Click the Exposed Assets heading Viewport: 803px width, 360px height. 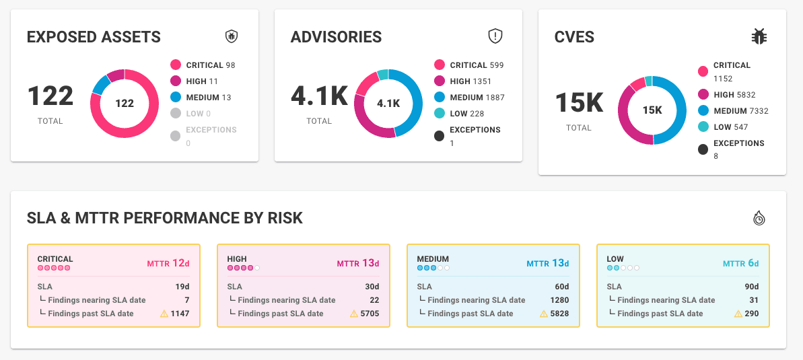(94, 37)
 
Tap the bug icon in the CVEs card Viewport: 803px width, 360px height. (759, 37)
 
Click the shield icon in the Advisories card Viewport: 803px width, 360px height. (495, 36)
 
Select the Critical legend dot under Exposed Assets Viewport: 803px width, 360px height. (176, 65)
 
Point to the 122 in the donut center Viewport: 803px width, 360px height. (125, 104)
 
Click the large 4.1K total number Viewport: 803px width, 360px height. (319, 97)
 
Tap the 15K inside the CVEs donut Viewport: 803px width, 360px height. (652, 110)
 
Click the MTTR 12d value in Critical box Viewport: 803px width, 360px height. (168, 263)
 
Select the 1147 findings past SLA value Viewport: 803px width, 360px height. (180, 314)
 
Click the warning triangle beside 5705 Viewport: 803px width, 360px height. (353, 314)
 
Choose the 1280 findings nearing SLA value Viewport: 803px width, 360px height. (559, 300)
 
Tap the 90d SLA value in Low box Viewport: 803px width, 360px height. (751, 287)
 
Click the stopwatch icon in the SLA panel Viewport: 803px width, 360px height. (759, 218)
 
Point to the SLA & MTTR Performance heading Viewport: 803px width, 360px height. (165, 218)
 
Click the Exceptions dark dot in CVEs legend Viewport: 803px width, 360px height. (703, 149)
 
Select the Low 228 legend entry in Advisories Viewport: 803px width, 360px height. (467, 114)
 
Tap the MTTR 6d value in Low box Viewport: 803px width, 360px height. (741, 263)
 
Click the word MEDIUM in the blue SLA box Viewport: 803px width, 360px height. (433, 259)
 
